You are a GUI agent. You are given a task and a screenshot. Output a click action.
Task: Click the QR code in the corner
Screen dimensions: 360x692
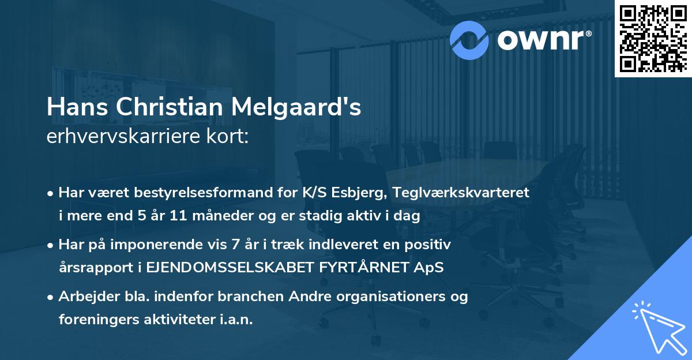click(x=653, y=38)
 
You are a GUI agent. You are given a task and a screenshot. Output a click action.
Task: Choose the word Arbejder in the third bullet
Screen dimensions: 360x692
click(x=86, y=298)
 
